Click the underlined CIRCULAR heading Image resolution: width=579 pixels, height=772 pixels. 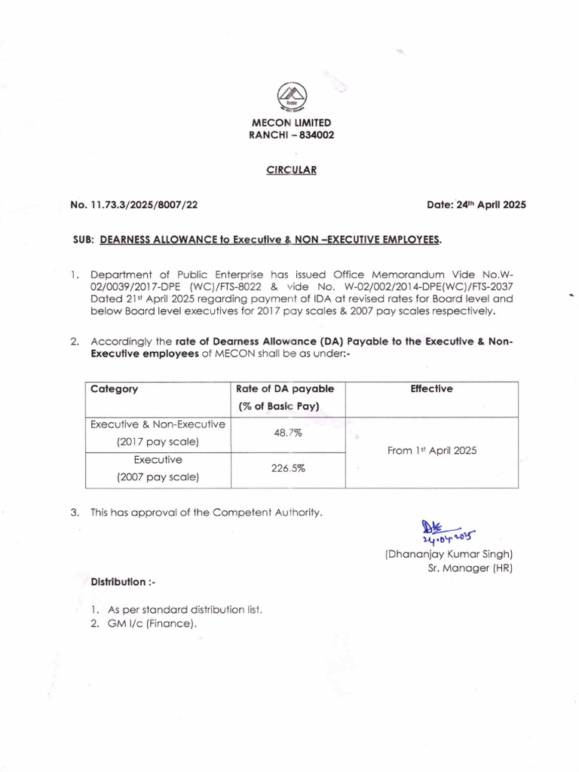[x=291, y=170]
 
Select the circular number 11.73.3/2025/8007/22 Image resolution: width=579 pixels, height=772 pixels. [x=144, y=204]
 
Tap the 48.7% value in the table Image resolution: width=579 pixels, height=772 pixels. [x=287, y=434]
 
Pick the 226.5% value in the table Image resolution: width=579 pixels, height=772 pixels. [x=287, y=468]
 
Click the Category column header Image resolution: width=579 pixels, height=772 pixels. [x=115, y=389]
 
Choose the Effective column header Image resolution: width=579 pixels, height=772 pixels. [x=431, y=389]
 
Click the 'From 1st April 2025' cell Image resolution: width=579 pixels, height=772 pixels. [x=431, y=451]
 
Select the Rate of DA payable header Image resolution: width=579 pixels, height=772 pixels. [x=285, y=397]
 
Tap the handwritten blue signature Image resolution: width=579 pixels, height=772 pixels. [x=445, y=531]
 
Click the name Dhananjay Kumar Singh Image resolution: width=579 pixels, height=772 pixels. [x=449, y=554]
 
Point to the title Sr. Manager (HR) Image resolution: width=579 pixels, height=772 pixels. [x=470, y=568]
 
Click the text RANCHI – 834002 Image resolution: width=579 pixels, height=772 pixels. [x=291, y=135]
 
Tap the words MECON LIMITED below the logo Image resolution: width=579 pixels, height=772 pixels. [x=291, y=122]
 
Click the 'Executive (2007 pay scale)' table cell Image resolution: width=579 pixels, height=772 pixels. [x=158, y=468]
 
